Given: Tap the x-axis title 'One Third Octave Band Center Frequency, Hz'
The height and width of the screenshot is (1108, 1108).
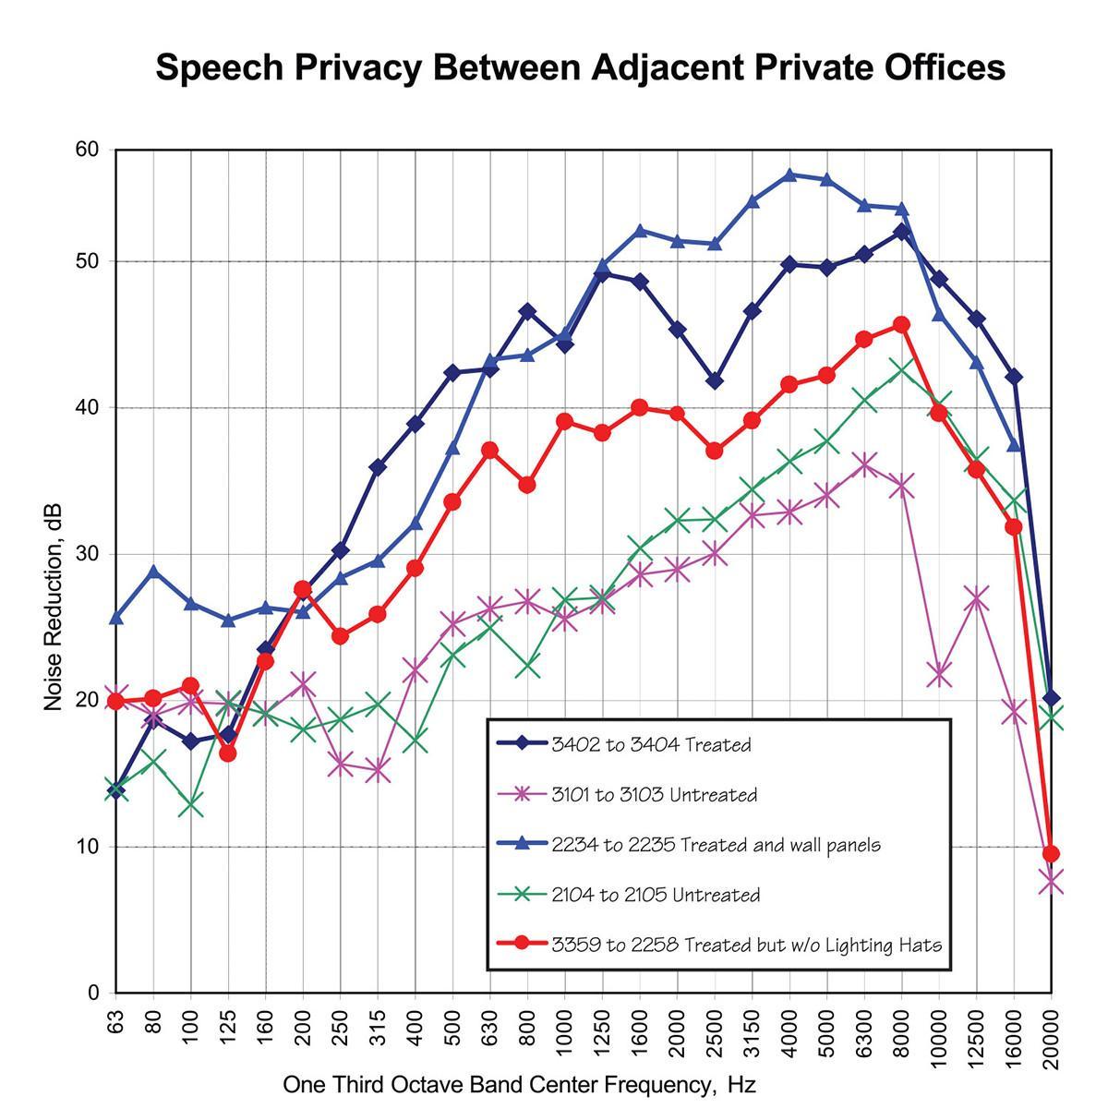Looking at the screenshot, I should coord(519,1083).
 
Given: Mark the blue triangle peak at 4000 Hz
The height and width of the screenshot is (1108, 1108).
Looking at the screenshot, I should coord(789,175).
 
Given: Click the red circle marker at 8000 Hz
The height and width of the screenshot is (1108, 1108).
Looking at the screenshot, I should coord(902,325).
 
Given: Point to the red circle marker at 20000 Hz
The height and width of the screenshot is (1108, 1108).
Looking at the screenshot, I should coord(1051,853).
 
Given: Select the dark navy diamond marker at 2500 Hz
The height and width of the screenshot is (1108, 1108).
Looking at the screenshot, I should coord(715,381).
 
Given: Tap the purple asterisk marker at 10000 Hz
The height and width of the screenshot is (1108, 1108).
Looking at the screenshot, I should coord(939,675).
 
